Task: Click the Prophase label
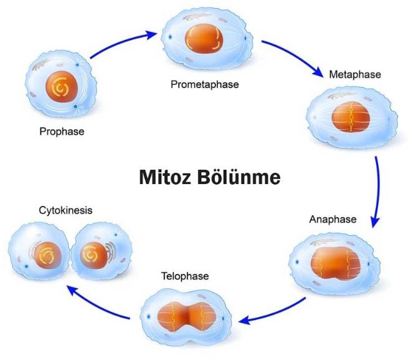coord(61,132)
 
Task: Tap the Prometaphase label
coord(205,83)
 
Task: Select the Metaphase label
coord(354,74)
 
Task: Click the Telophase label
coord(185,275)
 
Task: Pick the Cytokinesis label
coord(64,210)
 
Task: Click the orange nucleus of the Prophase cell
coord(61,90)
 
